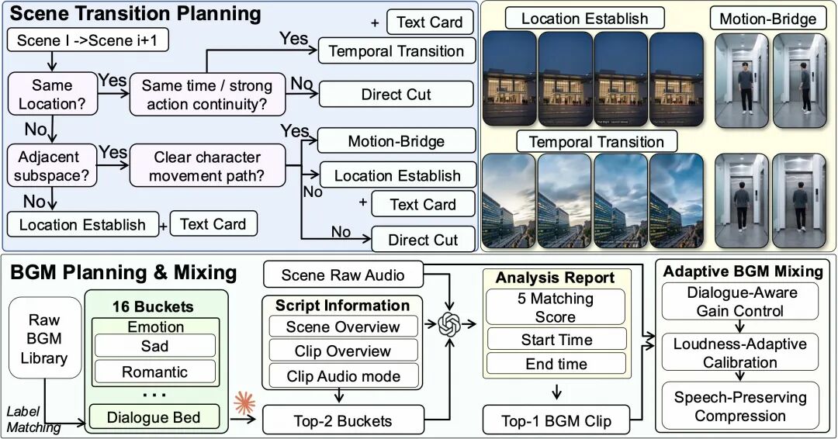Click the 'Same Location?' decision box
[53, 95]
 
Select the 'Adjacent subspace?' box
[53, 165]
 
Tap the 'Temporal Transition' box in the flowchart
[396, 51]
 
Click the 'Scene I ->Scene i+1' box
[88, 40]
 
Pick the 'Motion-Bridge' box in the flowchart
[396, 141]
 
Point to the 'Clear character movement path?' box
[207, 165]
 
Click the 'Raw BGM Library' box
[45, 338]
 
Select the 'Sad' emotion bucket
[155, 346]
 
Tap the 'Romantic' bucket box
[155, 372]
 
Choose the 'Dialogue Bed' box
[154, 417]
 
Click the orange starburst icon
[244, 403]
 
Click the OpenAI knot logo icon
[449, 323]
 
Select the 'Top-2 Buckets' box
[343, 420]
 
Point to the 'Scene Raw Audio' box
[343, 275]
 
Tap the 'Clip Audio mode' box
[343, 376]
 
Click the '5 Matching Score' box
[556, 307]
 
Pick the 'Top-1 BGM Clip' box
[556, 420]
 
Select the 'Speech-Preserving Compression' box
[740, 406]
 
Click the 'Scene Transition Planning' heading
[135, 13]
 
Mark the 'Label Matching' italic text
[33, 420]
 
